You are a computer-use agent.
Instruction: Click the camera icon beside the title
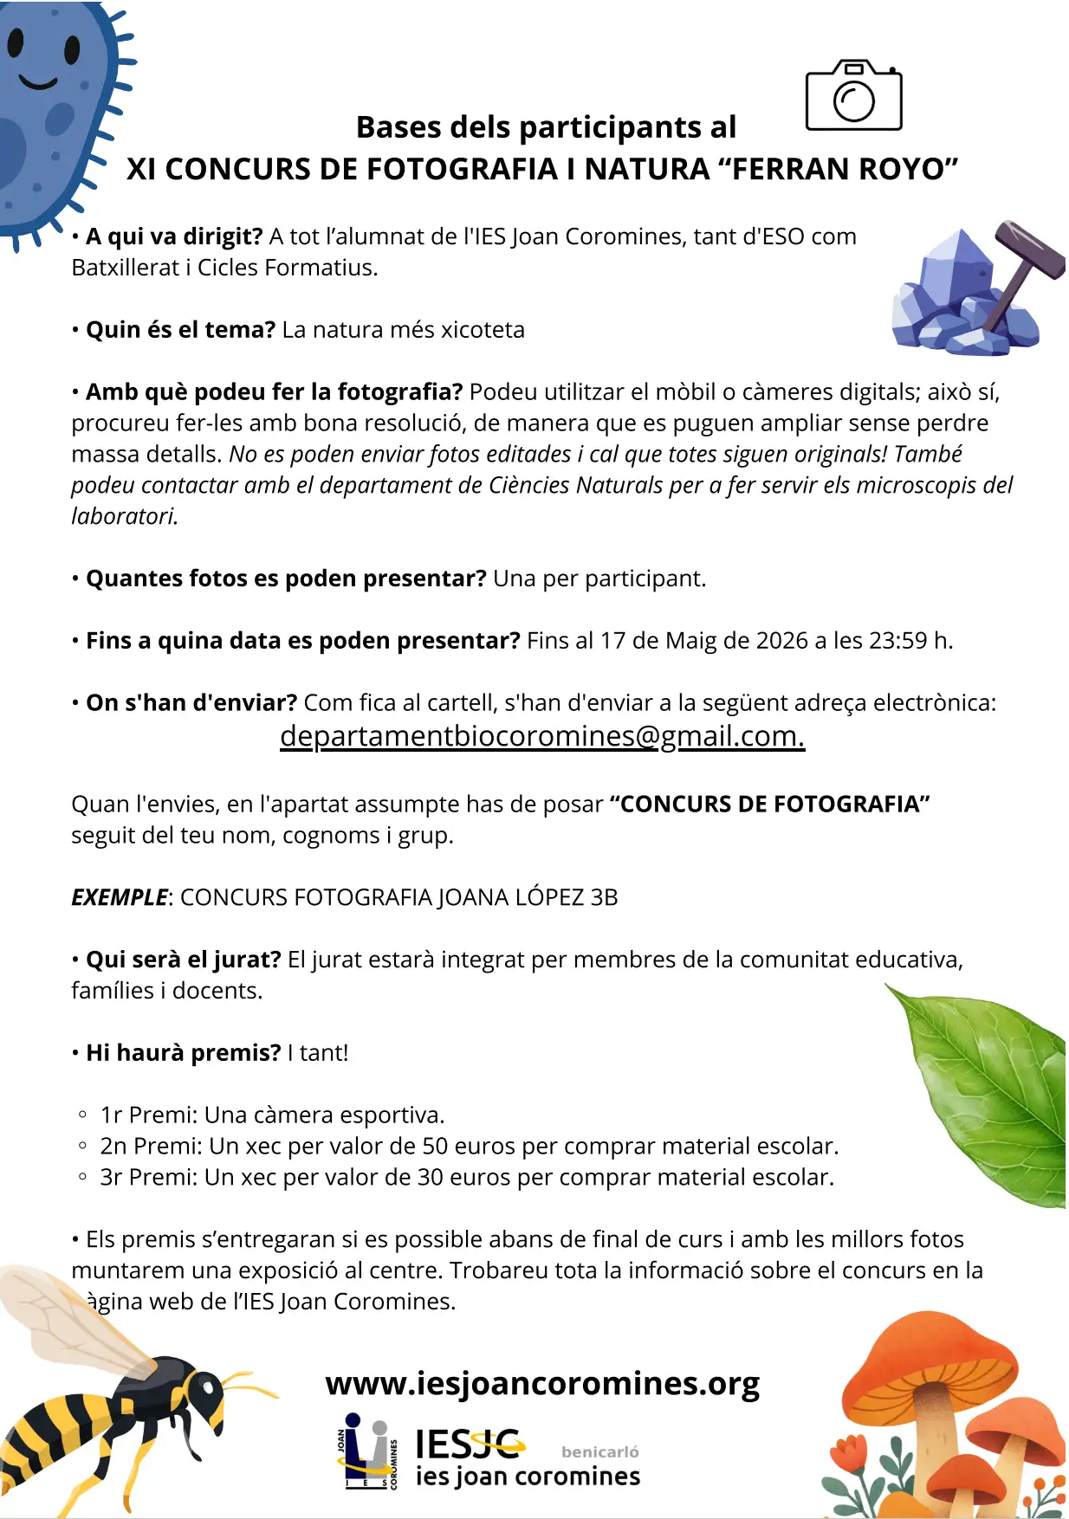[853, 96]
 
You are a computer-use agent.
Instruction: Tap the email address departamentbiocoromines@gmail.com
[542, 735]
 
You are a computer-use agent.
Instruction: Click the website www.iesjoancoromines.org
[542, 1383]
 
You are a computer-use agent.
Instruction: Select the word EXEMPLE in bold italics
[120, 897]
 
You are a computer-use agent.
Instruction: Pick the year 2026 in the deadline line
[781, 641]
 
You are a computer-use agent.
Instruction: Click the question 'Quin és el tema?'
[180, 330]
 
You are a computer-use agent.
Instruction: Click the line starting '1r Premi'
[272, 1115]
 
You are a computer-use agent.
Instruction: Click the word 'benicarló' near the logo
[599, 1451]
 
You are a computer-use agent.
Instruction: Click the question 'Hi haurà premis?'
[184, 1053]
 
